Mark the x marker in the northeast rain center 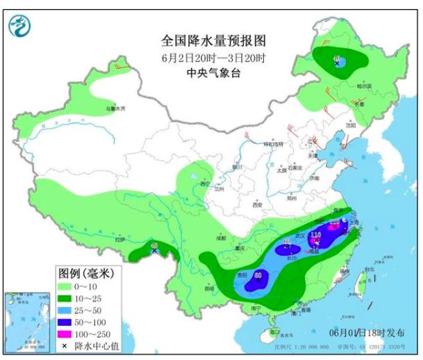click(338, 63)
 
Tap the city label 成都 click(220, 238)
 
